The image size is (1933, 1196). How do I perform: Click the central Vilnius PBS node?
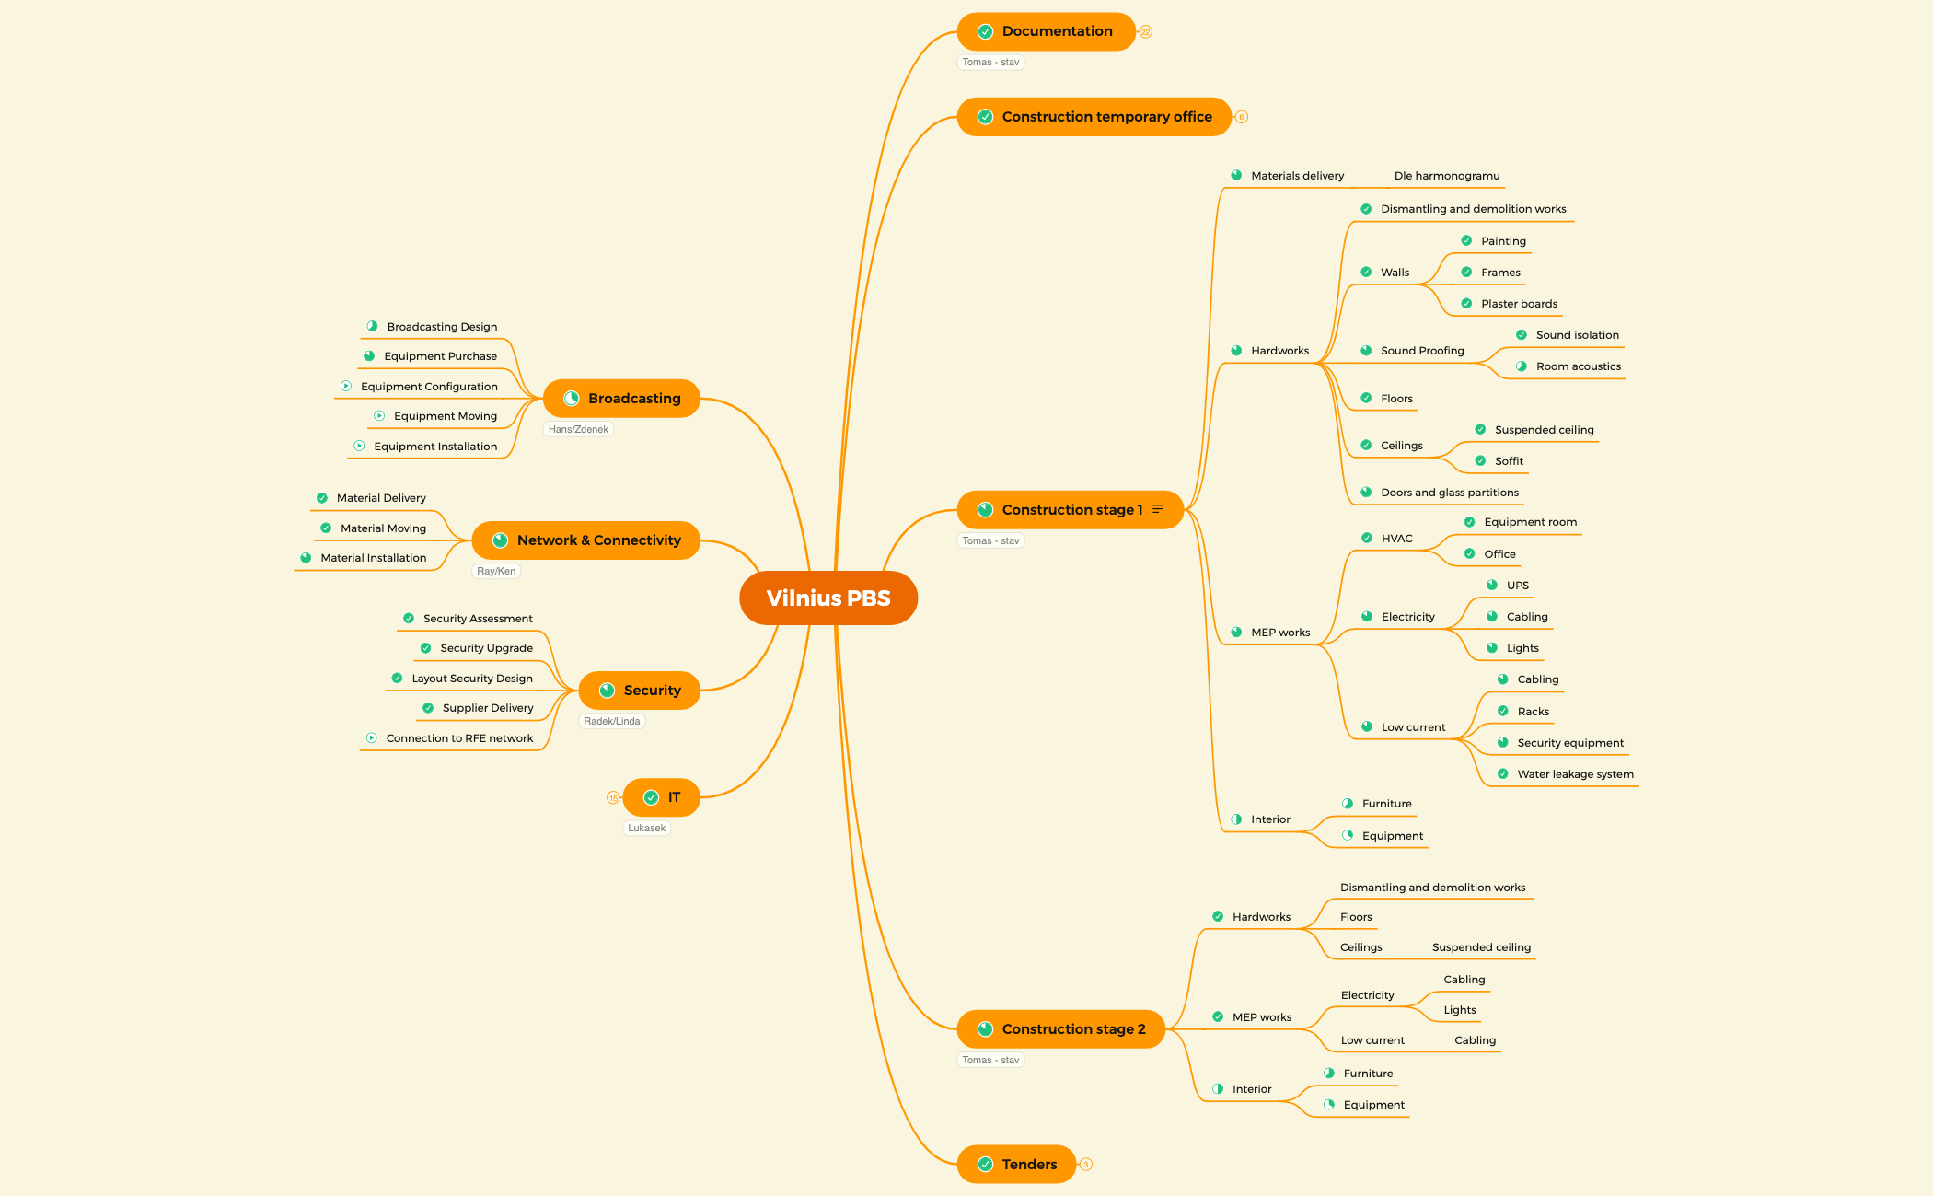tap(828, 598)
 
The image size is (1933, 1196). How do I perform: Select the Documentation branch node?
tap(1046, 31)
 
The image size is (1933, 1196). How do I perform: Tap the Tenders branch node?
tap(1016, 1164)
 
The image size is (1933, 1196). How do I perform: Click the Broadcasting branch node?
tap(621, 398)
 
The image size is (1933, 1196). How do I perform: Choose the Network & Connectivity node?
tap(585, 540)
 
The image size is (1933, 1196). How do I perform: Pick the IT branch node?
tap(661, 797)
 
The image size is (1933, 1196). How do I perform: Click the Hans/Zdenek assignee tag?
tap(578, 429)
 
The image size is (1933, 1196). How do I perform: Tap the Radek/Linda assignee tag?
tap(612, 721)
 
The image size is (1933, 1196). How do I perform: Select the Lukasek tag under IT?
tap(647, 828)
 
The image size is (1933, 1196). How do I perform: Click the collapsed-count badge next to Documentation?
tap(1146, 31)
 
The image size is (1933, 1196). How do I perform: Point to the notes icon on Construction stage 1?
tap(1158, 509)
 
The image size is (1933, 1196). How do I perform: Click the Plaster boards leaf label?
tap(1519, 303)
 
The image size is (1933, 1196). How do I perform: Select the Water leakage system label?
tap(1575, 773)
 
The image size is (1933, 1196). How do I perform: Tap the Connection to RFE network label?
tap(459, 737)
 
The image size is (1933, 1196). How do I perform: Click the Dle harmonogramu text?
tap(1447, 175)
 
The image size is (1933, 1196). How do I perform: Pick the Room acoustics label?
tap(1578, 366)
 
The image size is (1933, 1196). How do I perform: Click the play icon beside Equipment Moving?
tap(379, 415)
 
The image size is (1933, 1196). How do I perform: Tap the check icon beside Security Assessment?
tap(409, 618)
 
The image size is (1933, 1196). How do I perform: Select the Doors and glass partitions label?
tap(1450, 492)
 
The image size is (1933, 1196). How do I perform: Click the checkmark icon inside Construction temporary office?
tap(985, 117)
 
